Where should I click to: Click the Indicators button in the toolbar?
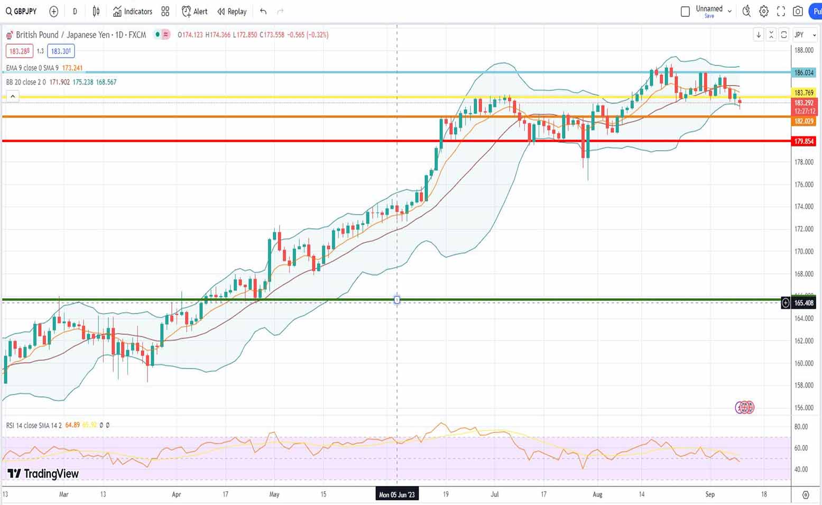[132, 11]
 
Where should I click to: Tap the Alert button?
[195, 11]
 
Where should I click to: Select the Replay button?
[232, 11]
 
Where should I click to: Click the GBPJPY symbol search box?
[22, 11]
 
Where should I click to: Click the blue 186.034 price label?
[803, 72]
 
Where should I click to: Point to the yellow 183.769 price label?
[803, 93]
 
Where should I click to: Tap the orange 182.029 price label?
[803, 121]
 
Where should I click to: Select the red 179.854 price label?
[803, 141]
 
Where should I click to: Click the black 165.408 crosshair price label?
[803, 303]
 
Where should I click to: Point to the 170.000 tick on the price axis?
[803, 251]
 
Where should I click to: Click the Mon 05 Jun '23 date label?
[397, 494]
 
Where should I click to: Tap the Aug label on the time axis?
[597, 494]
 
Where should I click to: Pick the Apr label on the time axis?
[177, 494]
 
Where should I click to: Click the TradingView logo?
[43, 473]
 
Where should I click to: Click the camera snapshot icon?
[798, 11]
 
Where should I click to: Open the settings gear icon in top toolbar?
[764, 11]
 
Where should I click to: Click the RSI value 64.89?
[72, 425]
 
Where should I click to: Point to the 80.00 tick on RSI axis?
[801, 427]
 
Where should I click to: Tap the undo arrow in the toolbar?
[263, 11]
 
